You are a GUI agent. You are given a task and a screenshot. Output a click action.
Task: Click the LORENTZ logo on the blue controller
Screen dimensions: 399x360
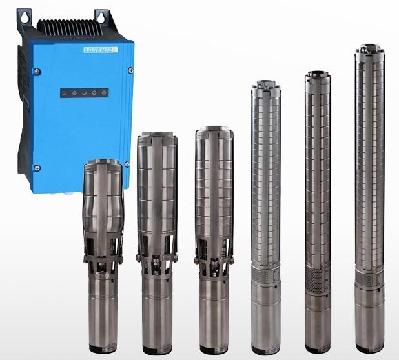(x=101, y=50)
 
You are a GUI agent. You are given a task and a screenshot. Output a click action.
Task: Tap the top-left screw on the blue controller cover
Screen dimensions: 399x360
(x=37, y=72)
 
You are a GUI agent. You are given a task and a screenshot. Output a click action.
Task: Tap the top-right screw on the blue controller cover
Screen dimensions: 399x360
(x=131, y=70)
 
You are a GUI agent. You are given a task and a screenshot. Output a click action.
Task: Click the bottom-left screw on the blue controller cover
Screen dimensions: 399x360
(x=37, y=168)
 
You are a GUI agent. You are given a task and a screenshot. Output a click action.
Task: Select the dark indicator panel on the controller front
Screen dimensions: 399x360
(x=85, y=93)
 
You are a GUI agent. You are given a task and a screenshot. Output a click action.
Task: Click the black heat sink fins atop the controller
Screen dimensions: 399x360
(x=70, y=27)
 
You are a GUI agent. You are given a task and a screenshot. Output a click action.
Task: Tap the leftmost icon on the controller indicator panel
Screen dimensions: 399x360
(x=65, y=94)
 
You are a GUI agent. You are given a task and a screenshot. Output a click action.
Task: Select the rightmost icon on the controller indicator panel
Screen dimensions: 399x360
(x=104, y=93)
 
